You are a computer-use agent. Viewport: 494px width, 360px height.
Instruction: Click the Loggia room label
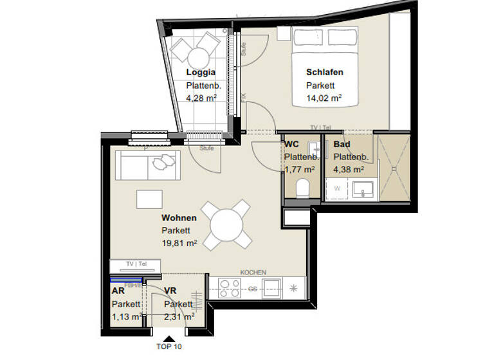(x=201, y=73)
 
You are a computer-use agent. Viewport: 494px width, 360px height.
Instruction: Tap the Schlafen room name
(x=324, y=73)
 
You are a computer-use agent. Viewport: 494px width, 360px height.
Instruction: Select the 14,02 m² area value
(x=323, y=98)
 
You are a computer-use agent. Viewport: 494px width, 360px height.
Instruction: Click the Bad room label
(x=341, y=145)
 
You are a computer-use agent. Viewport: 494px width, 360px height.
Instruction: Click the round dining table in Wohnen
(x=225, y=224)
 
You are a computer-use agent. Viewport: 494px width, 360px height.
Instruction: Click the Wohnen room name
(x=179, y=218)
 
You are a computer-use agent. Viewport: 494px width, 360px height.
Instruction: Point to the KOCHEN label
(x=253, y=273)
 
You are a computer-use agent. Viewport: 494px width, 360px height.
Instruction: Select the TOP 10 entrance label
(x=169, y=347)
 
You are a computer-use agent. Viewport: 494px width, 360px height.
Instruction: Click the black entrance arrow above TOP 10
(x=169, y=337)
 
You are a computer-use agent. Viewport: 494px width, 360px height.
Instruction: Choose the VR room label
(x=170, y=291)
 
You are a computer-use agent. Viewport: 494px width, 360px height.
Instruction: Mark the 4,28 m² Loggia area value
(x=201, y=98)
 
